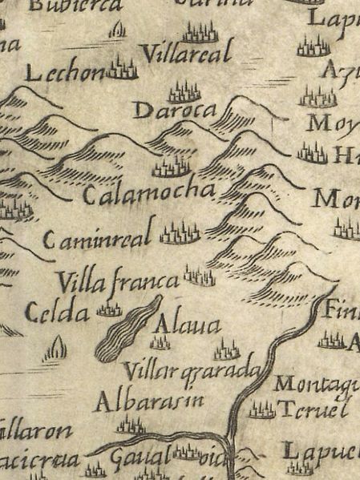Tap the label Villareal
(186, 54)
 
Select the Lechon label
(66, 74)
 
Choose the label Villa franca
(117, 282)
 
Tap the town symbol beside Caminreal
(180, 234)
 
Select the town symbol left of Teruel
(261, 410)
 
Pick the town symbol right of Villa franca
(199, 276)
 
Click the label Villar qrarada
(192, 370)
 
